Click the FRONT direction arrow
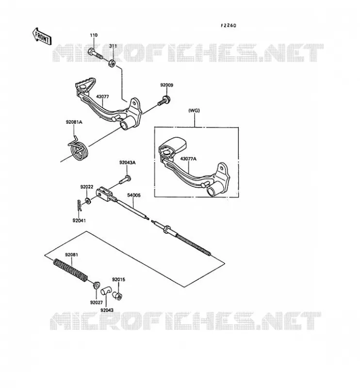(42, 36)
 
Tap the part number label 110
(94, 35)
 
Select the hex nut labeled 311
(112, 64)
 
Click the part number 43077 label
(102, 97)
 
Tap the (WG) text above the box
(194, 111)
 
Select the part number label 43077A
(188, 159)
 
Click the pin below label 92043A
(125, 179)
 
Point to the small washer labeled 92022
(88, 200)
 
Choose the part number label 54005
(134, 195)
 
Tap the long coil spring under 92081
(70, 270)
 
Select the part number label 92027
(97, 302)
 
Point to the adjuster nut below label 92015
(117, 295)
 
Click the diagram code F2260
(229, 25)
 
